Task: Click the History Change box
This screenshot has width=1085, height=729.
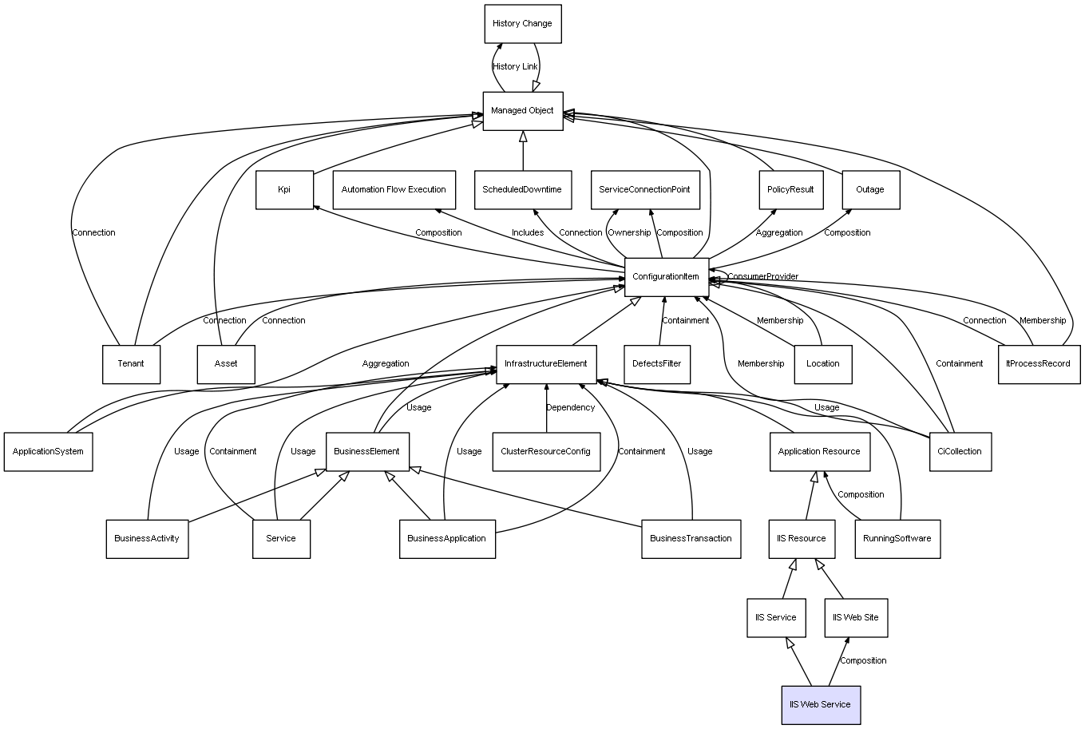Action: [x=523, y=24]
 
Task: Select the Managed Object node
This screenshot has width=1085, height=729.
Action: [x=523, y=111]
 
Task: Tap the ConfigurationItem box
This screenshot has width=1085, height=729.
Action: [x=667, y=276]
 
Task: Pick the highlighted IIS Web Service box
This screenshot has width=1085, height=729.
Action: [x=821, y=705]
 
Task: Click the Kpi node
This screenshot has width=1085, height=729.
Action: [x=284, y=190]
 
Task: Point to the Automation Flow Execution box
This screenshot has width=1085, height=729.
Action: [x=394, y=190]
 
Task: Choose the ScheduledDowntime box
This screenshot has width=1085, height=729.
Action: [x=522, y=190]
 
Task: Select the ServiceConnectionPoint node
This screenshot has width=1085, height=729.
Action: [x=645, y=190]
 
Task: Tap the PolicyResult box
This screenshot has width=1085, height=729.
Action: [x=790, y=190]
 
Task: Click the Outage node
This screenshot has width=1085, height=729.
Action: [x=870, y=190]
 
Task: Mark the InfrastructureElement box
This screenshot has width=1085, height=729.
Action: [x=546, y=364]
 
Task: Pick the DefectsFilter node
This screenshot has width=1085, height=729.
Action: [x=657, y=364]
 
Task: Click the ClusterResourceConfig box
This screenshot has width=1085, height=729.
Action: [x=546, y=452]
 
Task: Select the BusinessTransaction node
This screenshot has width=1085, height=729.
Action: [x=691, y=539]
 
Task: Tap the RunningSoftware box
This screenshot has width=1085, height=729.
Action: [x=897, y=539]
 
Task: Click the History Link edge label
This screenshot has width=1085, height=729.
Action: [x=515, y=67]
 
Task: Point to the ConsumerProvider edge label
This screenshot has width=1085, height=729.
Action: [x=762, y=277]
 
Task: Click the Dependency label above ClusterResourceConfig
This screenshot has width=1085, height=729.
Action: [x=570, y=408]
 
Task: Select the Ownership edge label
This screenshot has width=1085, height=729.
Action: [x=629, y=233]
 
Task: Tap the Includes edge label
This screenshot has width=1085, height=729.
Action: [x=528, y=233]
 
